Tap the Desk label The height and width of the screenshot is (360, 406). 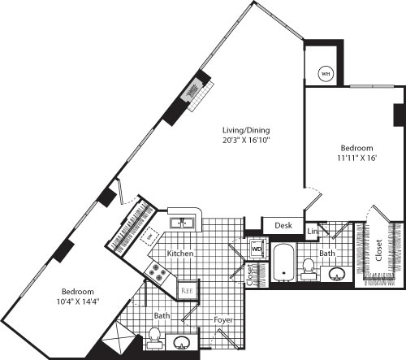(283, 226)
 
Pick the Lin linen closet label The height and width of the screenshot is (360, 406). (313, 233)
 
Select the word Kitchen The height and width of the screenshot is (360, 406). (179, 254)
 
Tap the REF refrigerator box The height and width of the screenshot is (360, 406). (186, 288)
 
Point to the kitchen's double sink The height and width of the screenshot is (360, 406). (180, 222)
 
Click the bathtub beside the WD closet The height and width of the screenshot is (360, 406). (283, 262)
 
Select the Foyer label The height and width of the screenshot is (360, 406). (222, 320)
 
